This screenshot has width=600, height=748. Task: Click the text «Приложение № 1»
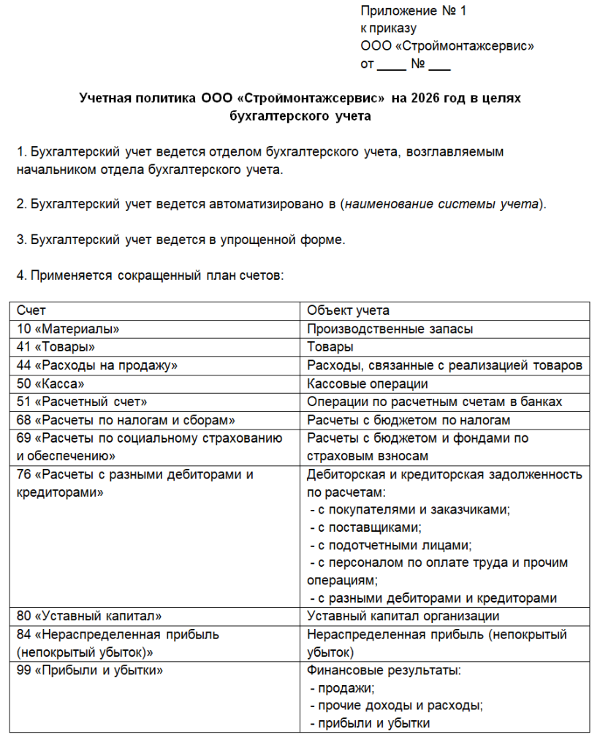(x=413, y=11)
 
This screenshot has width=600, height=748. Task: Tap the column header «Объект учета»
(x=348, y=310)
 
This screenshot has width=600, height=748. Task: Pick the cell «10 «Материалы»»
(x=67, y=329)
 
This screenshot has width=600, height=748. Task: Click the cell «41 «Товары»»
(x=56, y=347)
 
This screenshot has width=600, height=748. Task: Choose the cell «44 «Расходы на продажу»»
(x=96, y=365)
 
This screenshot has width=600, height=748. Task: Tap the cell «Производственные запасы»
(x=390, y=329)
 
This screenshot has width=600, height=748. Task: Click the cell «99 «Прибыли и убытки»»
(x=89, y=670)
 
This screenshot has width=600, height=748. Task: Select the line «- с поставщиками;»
(x=366, y=527)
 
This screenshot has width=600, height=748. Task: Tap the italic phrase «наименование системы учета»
(x=442, y=204)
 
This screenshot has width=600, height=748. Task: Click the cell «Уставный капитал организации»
(x=403, y=616)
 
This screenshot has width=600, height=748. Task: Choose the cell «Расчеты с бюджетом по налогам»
(x=409, y=420)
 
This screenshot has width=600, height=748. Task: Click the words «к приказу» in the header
(x=388, y=29)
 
